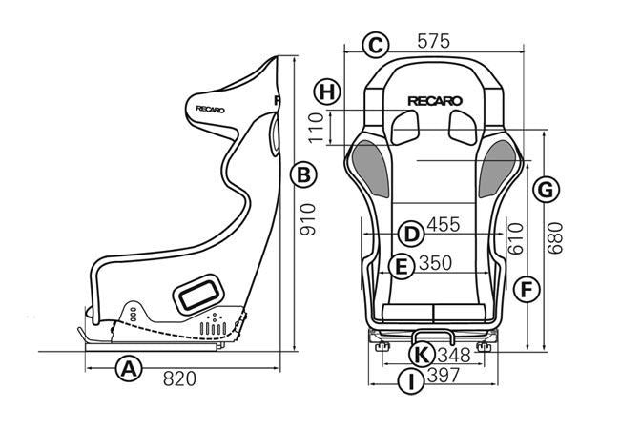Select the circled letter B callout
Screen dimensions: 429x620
tap(302, 174)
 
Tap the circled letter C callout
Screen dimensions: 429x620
tap(376, 44)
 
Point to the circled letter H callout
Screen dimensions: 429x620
tap(327, 92)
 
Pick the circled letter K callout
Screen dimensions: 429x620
tap(421, 355)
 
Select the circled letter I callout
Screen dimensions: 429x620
tap(409, 382)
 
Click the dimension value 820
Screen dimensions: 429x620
tap(178, 378)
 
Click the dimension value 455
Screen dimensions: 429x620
tap(443, 226)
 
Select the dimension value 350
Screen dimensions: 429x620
tap(434, 263)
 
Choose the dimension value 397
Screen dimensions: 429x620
tap(444, 376)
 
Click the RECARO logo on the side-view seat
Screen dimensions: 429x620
tap(211, 108)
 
